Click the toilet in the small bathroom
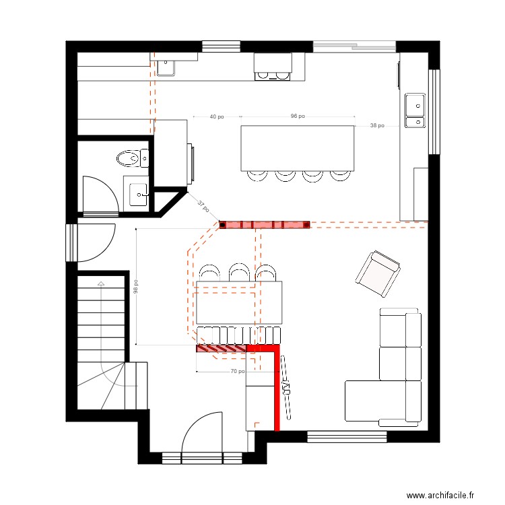[x=133, y=158]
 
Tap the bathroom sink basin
[x=139, y=194]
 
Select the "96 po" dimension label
[x=298, y=116]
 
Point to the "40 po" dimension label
[x=216, y=116]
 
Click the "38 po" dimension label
[x=377, y=125]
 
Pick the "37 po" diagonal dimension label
[x=203, y=206]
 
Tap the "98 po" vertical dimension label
[x=136, y=287]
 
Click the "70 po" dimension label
[x=238, y=371]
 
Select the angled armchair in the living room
[x=378, y=274]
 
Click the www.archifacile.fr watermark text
[x=440, y=495]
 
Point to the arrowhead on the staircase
[x=101, y=283]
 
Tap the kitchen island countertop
[x=298, y=148]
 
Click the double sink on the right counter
[x=415, y=110]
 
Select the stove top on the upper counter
[x=273, y=76]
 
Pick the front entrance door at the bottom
[x=202, y=432]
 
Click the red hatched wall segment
[x=222, y=348]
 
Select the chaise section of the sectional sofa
[x=376, y=401]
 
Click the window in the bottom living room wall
[x=347, y=437]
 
